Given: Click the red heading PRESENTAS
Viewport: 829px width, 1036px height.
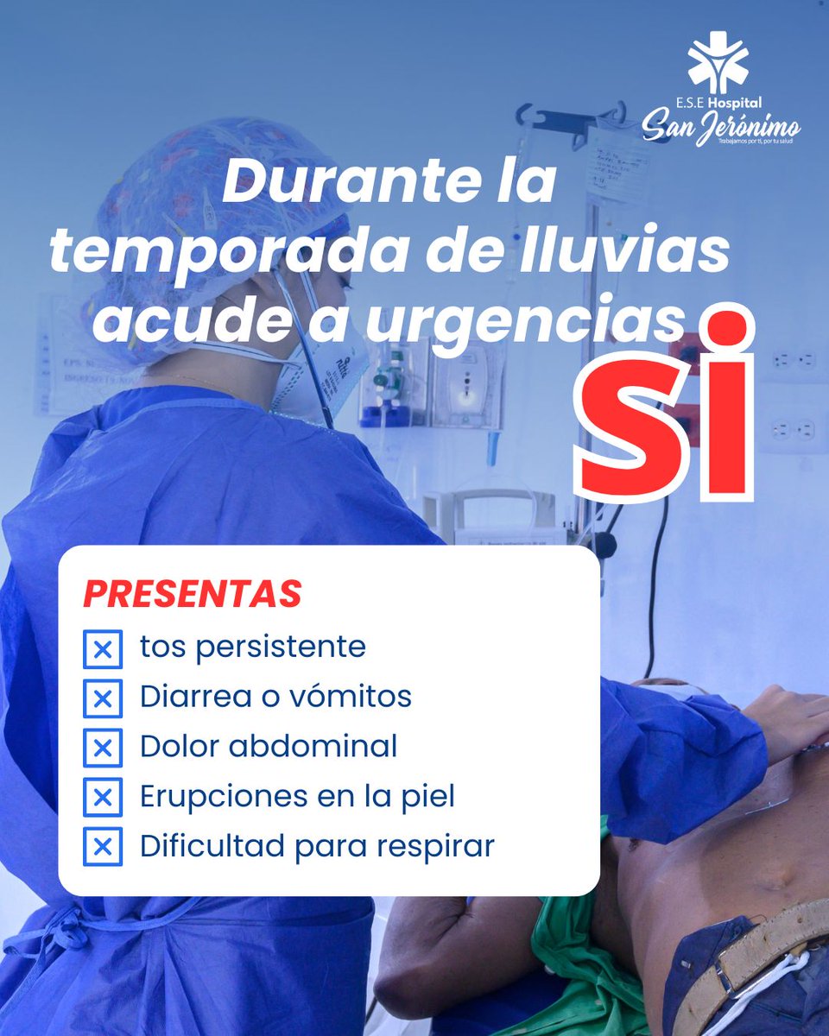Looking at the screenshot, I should coord(193,594).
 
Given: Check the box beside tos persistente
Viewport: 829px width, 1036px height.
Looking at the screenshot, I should coord(103,649).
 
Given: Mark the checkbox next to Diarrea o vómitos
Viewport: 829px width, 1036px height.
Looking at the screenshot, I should coord(103,698).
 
